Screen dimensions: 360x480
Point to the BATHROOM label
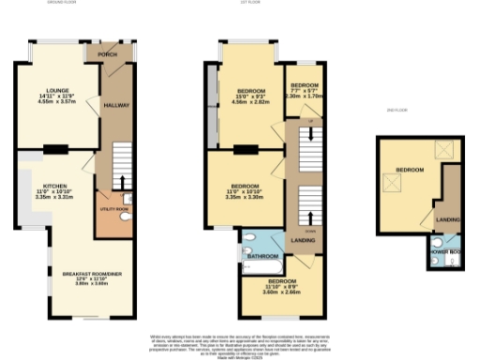[x=263, y=255]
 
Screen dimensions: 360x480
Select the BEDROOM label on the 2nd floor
[x=409, y=170]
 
